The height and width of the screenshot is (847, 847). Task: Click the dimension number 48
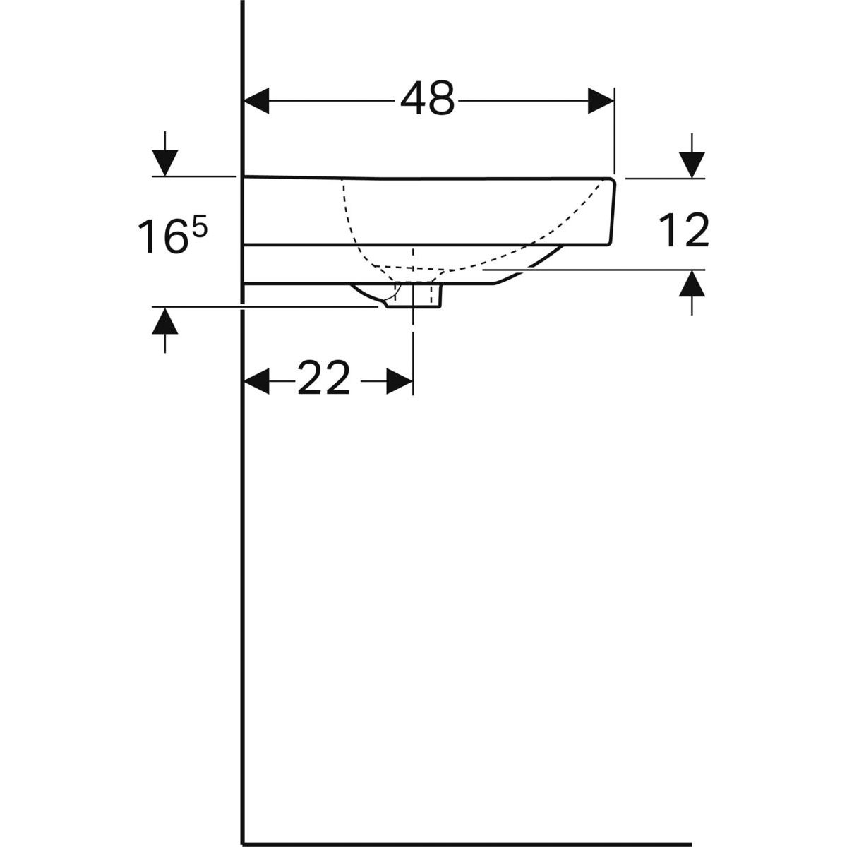coord(428,99)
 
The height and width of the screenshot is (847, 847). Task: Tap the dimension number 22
coord(323,379)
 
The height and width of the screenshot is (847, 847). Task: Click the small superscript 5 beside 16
coord(200,228)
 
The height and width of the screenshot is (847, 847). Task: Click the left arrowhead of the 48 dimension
coord(257,100)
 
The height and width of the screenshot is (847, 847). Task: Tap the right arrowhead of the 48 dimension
coord(601,100)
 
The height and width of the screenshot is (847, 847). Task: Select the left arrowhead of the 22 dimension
coord(257,382)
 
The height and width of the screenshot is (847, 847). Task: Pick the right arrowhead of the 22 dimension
coord(399,382)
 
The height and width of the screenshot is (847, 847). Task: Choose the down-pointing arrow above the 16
coord(165,162)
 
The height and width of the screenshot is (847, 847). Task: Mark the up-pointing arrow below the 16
coord(165,322)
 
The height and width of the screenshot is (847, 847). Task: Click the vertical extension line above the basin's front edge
coord(615,131)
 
